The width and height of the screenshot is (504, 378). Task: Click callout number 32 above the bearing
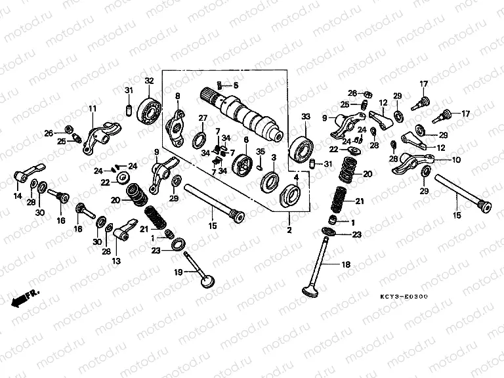(149, 81)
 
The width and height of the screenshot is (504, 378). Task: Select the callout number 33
(304, 117)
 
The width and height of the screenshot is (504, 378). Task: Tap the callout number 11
(93, 108)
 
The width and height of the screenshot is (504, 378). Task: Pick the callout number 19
(177, 272)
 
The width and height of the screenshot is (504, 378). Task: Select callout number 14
(18, 196)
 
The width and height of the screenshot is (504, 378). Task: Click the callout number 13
(116, 261)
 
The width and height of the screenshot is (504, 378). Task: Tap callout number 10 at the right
(457, 159)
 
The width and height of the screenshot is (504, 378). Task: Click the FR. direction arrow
(25, 297)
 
